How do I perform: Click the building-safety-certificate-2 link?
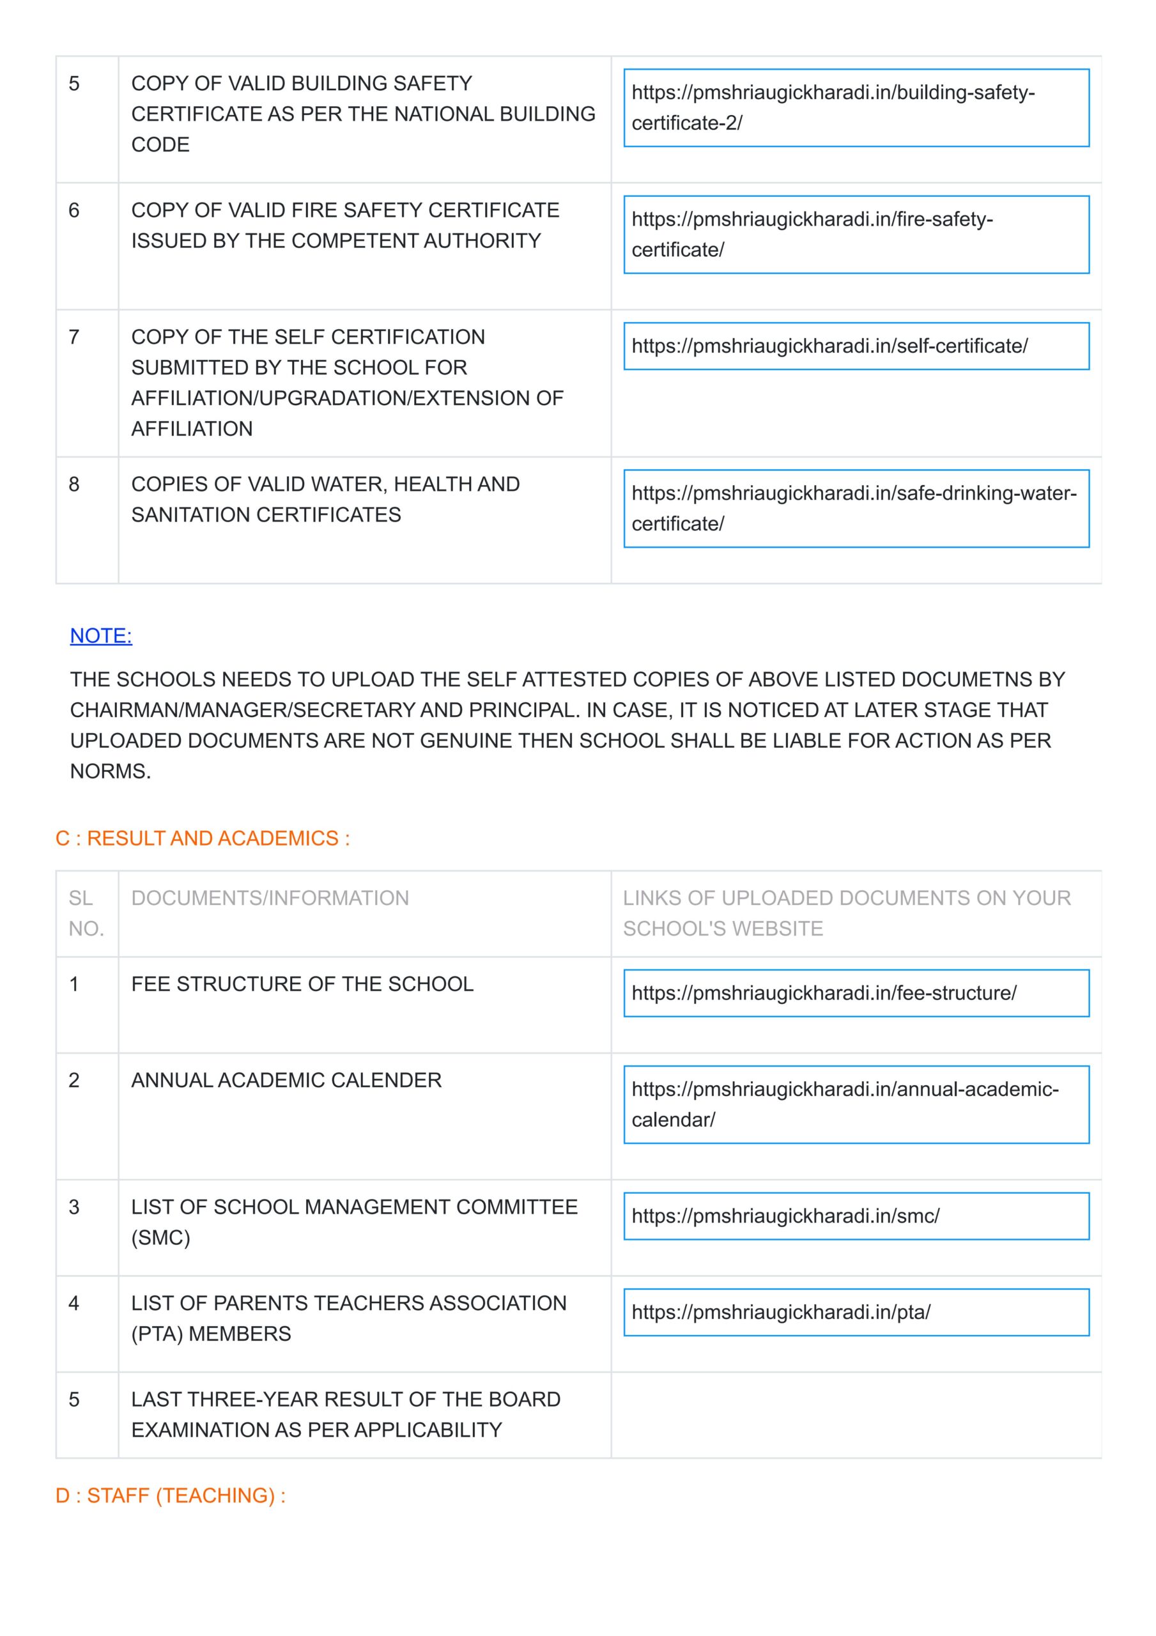tap(855, 107)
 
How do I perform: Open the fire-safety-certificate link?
tap(855, 235)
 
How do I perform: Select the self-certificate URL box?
tap(855, 346)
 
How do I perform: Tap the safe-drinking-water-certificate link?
tap(855, 508)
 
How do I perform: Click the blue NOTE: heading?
tap(101, 636)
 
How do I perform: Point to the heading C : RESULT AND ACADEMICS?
tap(203, 838)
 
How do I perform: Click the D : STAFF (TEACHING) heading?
tap(171, 1495)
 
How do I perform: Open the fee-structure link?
tap(855, 992)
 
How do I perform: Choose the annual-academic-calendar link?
tap(855, 1104)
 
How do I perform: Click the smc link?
tap(855, 1215)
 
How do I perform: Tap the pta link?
tap(855, 1312)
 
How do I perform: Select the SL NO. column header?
tap(86, 913)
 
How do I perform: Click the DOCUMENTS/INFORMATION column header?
tap(270, 898)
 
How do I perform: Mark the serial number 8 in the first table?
tap(74, 484)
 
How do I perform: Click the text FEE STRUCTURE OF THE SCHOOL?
tap(302, 984)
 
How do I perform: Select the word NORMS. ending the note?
tap(111, 771)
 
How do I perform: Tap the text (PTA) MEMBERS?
tap(211, 1334)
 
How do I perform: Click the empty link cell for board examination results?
tap(855, 1415)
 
